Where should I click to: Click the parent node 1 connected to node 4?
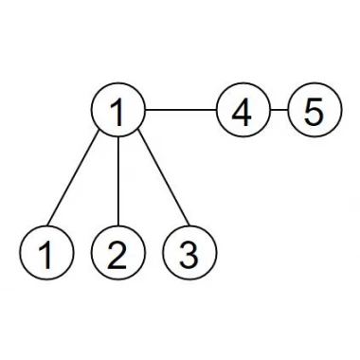click(118, 110)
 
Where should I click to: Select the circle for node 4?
click(243, 110)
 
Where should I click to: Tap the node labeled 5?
click(315, 110)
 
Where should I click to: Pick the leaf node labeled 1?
click(46, 253)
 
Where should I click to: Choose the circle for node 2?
click(118, 253)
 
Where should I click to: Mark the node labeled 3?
click(189, 253)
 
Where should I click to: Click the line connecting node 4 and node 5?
click(279, 110)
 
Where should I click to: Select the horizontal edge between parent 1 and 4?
click(181, 110)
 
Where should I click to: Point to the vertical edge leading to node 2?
click(118, 181)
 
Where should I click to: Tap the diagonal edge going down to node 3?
click(164, 180)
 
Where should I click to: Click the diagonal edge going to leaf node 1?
click(73, 180)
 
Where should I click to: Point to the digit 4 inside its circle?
click(242, 112)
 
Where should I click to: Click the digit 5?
click(314, 112)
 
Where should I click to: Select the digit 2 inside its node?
click(117, 255)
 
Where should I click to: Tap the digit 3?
click(189, 255)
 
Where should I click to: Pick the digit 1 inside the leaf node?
click(45, 255)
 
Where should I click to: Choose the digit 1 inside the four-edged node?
click(117, 112)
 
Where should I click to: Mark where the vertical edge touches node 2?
click(118, 225)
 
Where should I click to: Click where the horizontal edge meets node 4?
click(216, 110)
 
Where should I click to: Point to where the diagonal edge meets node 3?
click(189, 225)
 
